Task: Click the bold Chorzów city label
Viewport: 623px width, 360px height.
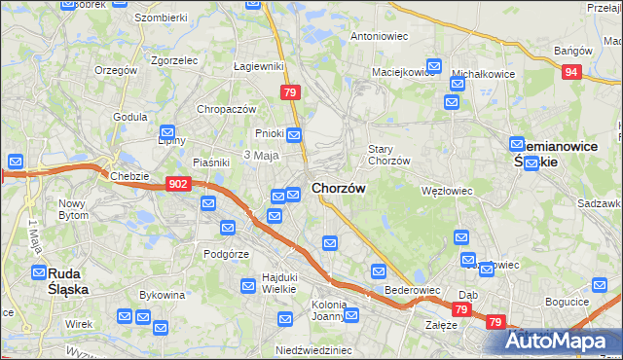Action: [339, 187]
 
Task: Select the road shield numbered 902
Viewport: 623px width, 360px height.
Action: [178, 183]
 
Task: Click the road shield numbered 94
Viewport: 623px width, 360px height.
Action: [572, 72]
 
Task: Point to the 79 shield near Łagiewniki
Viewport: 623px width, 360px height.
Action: [289, 92]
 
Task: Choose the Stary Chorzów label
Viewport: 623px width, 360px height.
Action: [388, 155]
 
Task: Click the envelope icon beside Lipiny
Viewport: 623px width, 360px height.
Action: [167, 131]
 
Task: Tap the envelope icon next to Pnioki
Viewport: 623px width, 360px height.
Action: [294, 134]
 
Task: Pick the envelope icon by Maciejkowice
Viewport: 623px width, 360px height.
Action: [433, 67]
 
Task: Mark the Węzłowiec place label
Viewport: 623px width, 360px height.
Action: [446, 191]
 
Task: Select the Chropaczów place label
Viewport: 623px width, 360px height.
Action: [226, 109]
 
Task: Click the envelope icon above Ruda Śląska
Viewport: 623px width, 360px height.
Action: [39, 272]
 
